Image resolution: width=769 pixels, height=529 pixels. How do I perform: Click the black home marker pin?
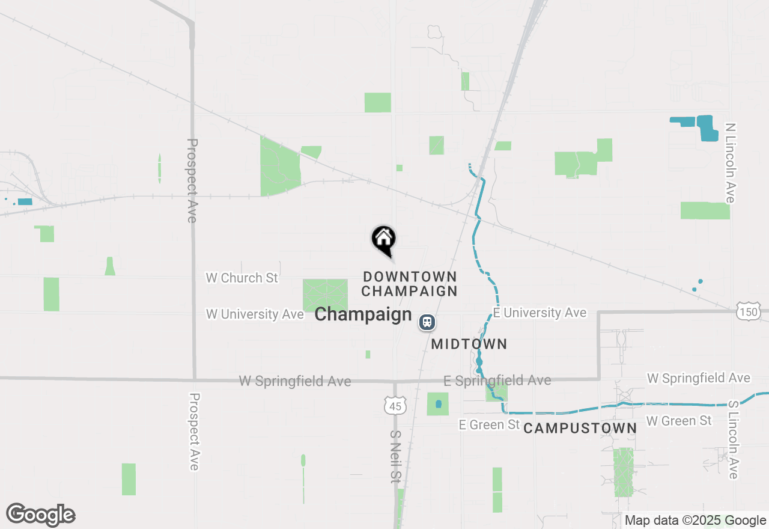[x=383, y=239]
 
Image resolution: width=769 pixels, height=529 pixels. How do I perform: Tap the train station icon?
[x=427, y=322]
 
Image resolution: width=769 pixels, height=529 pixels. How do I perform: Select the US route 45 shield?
[x=395, y=406]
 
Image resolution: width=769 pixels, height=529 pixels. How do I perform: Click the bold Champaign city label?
[x=363, y=314]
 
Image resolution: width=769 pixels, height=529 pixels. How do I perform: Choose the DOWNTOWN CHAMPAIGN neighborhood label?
[x=410, y=284]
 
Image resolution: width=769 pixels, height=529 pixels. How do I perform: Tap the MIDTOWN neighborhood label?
[x=469, y=344]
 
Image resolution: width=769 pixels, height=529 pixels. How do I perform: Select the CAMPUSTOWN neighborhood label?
[x=580, y=428]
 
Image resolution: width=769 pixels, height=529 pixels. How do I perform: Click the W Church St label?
[x=242, y=278]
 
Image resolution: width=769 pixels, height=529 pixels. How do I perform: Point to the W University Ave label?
[x=255, y=314]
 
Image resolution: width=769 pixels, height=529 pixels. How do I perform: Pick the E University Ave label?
[x=540, y=313]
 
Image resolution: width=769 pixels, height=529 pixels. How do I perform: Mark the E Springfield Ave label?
[x=497, y=381]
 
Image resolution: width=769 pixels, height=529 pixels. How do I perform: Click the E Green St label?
[x=489, y=424]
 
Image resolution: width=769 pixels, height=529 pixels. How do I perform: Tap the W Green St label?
[x=679, y=421]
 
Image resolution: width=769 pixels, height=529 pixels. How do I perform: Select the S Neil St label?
[x=395, y=456]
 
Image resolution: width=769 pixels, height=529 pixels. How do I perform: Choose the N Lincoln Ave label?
[x=730, y=163]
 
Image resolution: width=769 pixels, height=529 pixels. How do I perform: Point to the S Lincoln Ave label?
[x=733, y=440]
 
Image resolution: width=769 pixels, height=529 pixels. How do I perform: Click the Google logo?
[x=41, y=515]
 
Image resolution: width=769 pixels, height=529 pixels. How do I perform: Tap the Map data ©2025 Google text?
[x=696, y=521]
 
